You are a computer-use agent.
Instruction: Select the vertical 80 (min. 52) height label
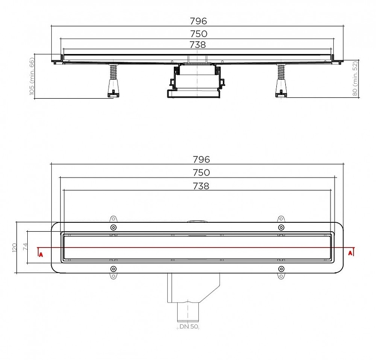click(355, 78)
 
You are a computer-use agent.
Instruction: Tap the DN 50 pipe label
click(188, 326)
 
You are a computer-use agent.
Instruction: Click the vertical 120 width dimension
click(14, 247)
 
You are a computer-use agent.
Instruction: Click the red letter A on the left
click(41, 254)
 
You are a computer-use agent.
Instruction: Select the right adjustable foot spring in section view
click(281, 72)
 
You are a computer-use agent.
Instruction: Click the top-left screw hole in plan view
click(113, 227)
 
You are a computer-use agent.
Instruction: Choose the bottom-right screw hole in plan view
click(281, 268)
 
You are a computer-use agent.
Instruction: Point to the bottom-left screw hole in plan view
click(113, 268)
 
